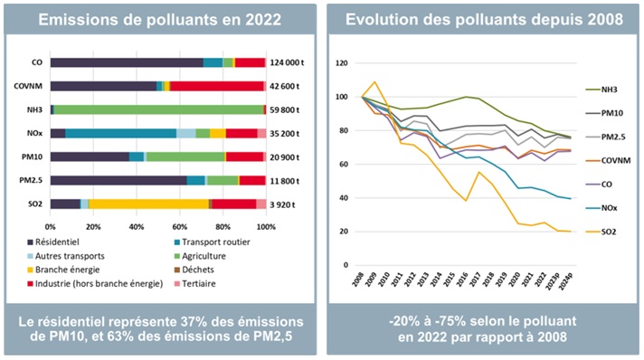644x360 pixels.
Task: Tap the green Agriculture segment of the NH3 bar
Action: tap(158, 109)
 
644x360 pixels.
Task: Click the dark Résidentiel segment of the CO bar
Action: tap(127, 62)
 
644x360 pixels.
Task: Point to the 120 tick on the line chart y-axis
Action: tap(342, 63)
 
